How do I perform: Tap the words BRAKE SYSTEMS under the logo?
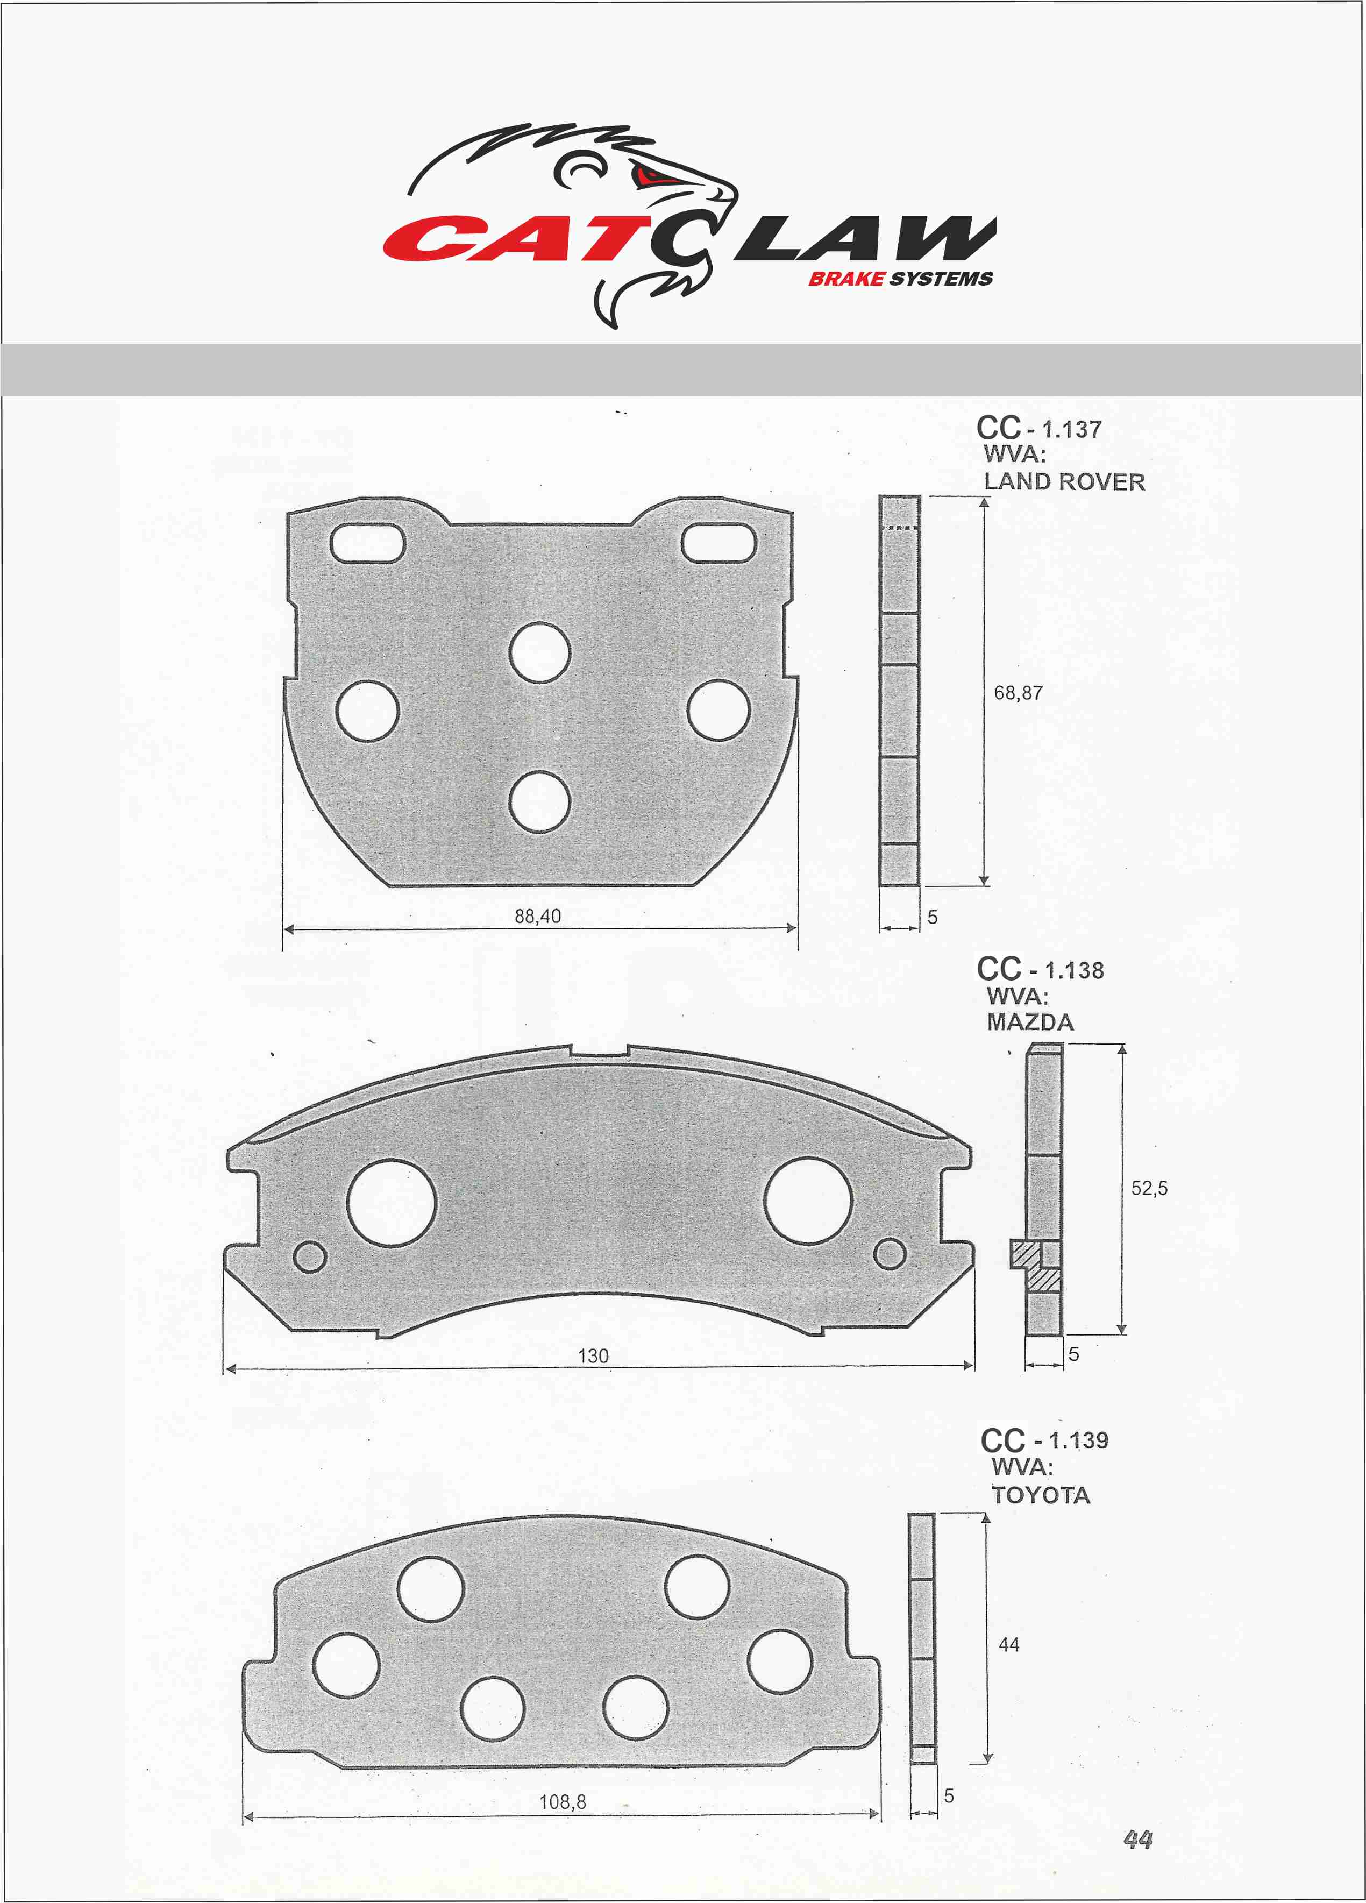click(x=900, y=279)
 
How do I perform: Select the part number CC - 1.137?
click(x=1039, y=428)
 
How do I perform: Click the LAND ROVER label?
click(x=1064, y=481)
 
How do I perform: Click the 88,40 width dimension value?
click(x=538, y=916)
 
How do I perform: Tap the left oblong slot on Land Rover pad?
click(x=367, y=543)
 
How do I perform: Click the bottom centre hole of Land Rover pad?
click(x=539, y=801)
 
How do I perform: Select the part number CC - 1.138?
click(x=1041, y=969)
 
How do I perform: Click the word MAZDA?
click(x=1030, y=1022)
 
